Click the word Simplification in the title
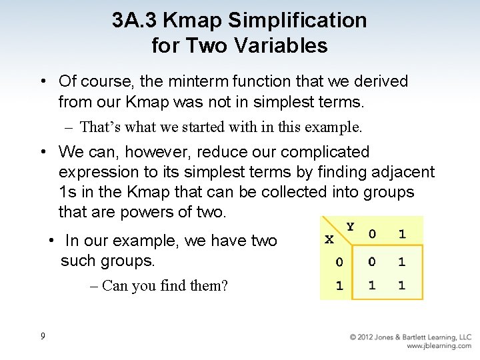(297, 21)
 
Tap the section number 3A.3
(135, 21)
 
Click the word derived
(377, 82)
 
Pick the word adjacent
(401, 173)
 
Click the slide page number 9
(43, 336)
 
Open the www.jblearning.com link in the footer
(439, 346)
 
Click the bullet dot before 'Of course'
(42, 82)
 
